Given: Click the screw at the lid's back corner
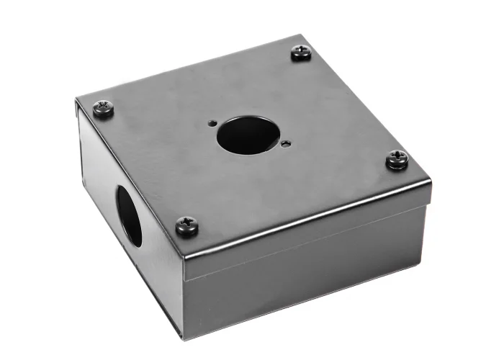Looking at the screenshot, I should pos(301,53).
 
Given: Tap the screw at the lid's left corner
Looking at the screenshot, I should pos(104,109).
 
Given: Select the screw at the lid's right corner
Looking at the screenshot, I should pos(397,159).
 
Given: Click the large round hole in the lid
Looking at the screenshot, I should pos(245,134).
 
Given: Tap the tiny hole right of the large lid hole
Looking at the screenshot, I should pos(286,142).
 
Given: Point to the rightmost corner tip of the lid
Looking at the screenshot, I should pos(431,177).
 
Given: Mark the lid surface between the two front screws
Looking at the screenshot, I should pos(288,191).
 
